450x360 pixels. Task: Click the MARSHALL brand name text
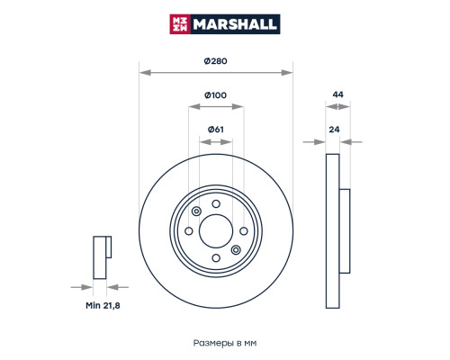click(x=235, y=24)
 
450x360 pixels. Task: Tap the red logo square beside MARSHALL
click(x=179, y=24)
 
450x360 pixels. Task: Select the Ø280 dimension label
click(x=215, y=61)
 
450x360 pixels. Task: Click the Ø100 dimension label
click(x=215, y=95)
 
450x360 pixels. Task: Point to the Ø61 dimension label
click(x=216, y=130)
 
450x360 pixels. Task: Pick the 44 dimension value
click(x=337, y=94)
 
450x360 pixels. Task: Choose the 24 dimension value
click(x=334, y=130)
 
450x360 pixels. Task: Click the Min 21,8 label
click(x=103, y=305)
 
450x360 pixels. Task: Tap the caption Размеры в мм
click(x=225, y=343)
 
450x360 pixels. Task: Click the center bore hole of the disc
click(x=216, y=231)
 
